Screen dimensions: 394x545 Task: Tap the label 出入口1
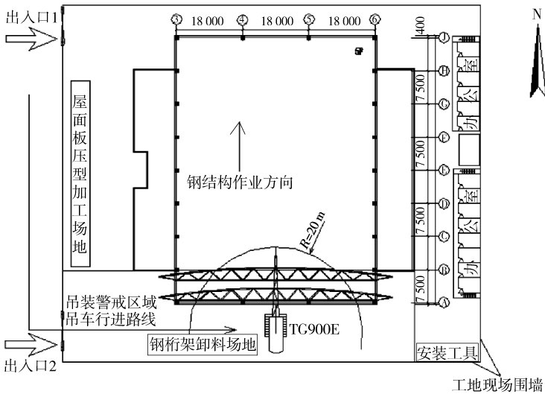click(31, 17)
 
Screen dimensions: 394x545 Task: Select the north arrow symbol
click(535, 60)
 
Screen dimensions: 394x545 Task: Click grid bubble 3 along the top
click(176, 20)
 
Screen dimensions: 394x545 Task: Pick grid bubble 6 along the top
click(374, 20)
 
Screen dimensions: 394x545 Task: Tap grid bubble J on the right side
click(443, 37)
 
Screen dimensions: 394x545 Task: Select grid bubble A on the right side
click(443, 303)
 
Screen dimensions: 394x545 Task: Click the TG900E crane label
click(314, 328)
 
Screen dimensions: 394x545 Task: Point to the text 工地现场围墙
click(497, 384)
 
